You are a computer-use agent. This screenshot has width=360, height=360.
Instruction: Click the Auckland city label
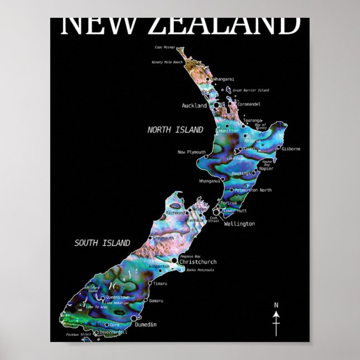(x=194, y=105)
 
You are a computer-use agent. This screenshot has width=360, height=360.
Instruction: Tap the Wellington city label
(x=239, y=224)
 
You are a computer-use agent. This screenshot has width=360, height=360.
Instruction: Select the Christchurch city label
(x=198, y=262)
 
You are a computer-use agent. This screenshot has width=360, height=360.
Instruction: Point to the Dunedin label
(x=145, y=324)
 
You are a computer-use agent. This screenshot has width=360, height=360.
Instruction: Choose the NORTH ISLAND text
(x=175, y=130)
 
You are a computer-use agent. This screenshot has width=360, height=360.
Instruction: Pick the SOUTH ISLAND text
(x=102, y=243)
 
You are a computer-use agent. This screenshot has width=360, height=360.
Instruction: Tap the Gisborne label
(x=291, y=149)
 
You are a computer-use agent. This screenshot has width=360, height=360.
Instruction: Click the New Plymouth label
(x=192, y=152)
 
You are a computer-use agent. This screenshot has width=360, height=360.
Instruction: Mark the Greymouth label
(x=163, y=238)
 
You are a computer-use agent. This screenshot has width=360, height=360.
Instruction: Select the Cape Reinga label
(x=165, y=48)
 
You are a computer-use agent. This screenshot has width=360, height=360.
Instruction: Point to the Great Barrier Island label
(x=250, y=90)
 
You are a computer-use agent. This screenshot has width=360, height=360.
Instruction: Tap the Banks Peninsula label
(x=200, y=270)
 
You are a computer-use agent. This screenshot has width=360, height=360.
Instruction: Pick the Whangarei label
(x=224, y=79)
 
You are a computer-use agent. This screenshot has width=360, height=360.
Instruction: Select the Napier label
(x=266, y=168)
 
